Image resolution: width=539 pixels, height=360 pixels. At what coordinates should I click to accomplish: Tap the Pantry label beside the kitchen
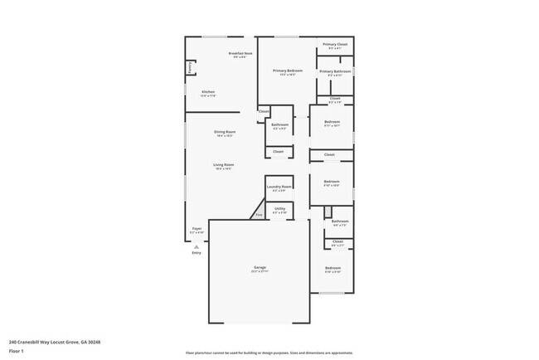(x=191, y=67)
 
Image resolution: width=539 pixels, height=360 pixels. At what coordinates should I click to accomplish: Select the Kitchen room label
(x=207, y=91)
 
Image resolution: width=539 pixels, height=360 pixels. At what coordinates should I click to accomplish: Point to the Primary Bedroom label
(x=288, y=71)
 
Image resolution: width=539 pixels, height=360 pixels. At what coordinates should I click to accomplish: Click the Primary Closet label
(x=335, y=44)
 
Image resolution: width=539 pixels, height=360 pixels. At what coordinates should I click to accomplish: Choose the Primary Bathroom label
(x=335, y=71)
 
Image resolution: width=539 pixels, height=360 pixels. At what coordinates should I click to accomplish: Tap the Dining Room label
(x=224, y=132)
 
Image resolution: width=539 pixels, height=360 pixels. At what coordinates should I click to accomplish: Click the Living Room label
(x=223, y=165)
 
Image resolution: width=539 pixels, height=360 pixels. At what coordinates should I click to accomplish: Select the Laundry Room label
(x=279, y=187)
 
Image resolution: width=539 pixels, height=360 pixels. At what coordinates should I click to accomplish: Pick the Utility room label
(x=279, y=209)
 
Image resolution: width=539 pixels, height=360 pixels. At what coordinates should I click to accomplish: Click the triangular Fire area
(x=259, y=215)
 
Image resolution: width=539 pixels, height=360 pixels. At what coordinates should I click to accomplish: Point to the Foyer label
(x=197, y=228)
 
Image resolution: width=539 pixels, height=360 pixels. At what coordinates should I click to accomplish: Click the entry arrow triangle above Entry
(x=197, y=246)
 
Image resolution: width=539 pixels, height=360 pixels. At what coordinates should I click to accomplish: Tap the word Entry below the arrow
(x=197, y=252)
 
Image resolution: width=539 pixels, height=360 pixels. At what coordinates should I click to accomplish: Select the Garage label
(x=260, y=268)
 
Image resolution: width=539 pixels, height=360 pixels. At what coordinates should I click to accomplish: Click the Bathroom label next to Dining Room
(x=279, y=125)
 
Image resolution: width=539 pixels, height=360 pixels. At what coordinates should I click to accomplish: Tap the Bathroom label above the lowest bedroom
(x=340, y=221)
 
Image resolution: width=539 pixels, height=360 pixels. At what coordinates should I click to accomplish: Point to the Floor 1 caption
(x=17, y=351)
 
